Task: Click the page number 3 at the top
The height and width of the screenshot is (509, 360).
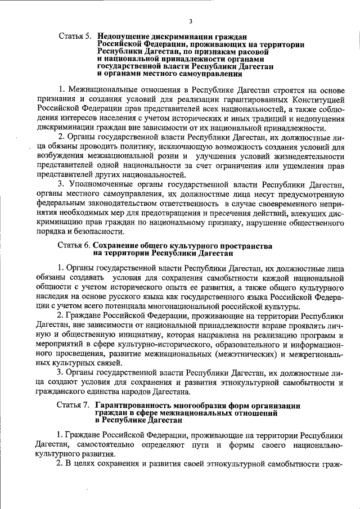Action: pos(191,21)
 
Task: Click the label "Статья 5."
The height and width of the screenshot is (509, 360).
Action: pos(75,37)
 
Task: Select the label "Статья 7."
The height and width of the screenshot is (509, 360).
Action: pos(75,406)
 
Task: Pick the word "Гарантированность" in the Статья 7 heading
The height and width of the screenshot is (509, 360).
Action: pos(134,406)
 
